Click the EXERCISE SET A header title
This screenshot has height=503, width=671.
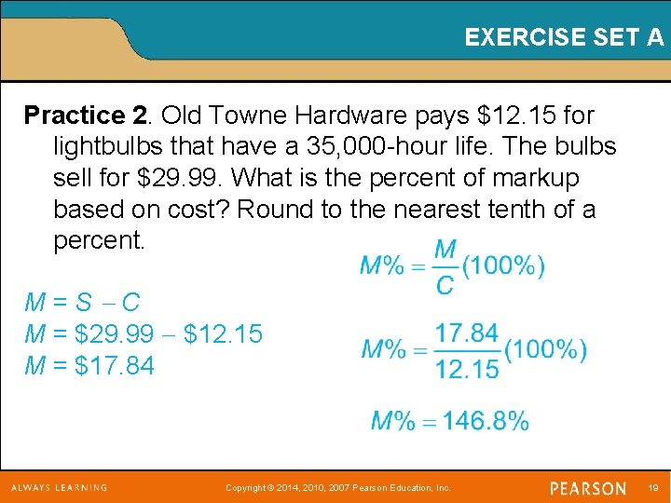click(x=564, y=37)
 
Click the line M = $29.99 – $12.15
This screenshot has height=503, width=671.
click(x=144, y=333)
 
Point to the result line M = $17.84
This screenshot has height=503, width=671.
click(x=89, y=365)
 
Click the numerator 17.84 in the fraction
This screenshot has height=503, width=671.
click(x=467, y=333)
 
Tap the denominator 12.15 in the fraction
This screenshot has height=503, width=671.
click(x=467, y=369)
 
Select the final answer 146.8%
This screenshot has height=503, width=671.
click(x=486, y=421)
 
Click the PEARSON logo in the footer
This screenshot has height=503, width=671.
click(x=588, y=488)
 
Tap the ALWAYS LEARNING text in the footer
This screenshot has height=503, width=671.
click(x=59, y=487)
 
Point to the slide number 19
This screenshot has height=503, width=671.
click(x=652, y=488)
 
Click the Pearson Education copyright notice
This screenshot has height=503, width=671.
click(x=337, y=488)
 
